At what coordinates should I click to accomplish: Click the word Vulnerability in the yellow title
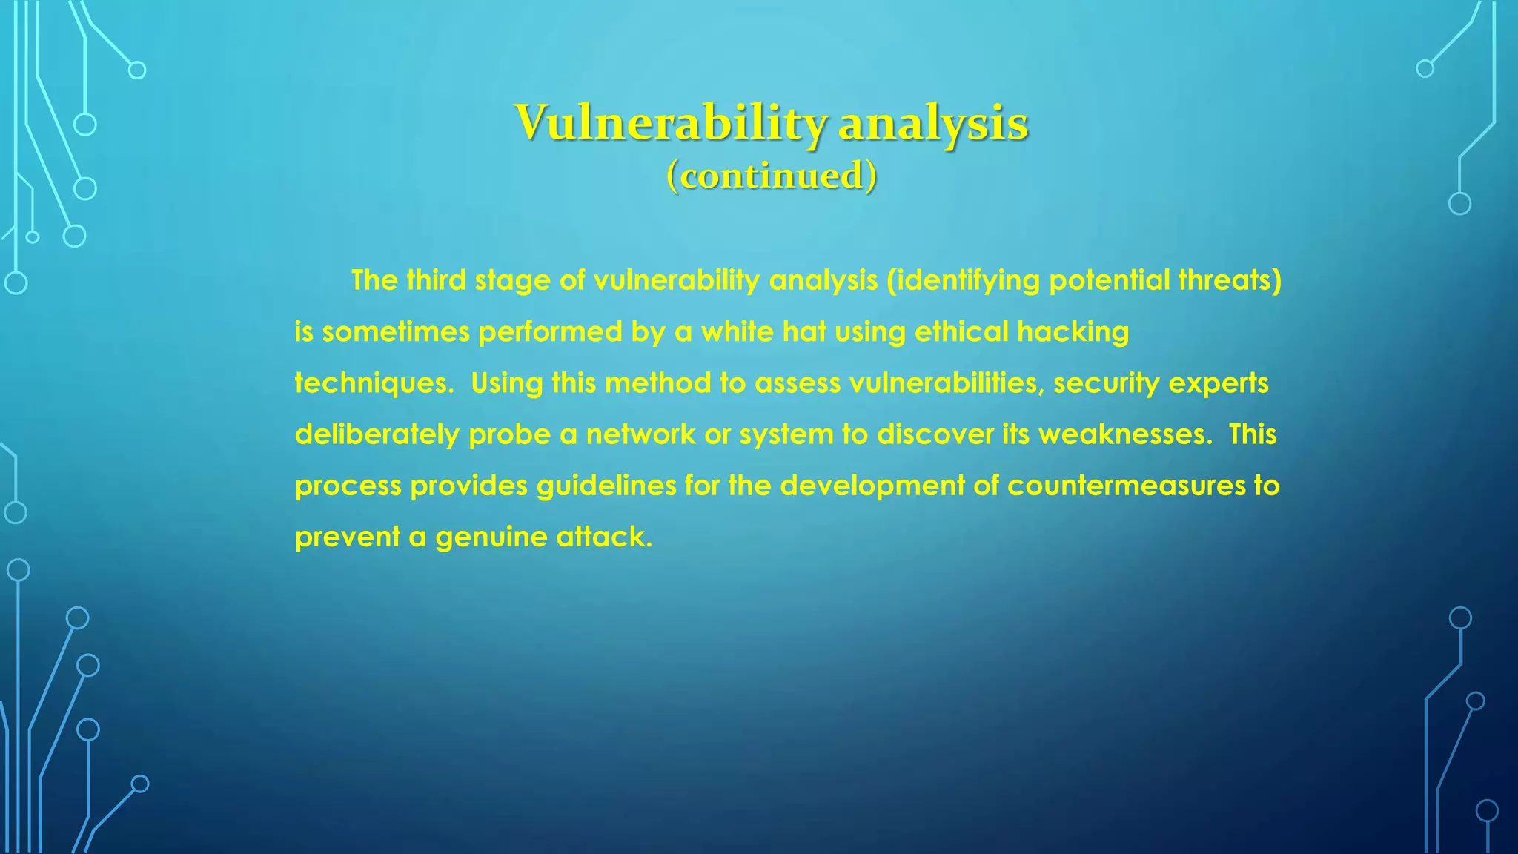pos(671,123)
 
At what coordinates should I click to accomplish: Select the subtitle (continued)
pos(772,176)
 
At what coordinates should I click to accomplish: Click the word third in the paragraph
pos(437,280)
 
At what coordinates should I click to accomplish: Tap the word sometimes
pos(396,331)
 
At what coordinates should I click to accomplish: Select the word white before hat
pos(737,331)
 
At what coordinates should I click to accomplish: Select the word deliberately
pos(377,434)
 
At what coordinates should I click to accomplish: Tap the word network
pos(640,434)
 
